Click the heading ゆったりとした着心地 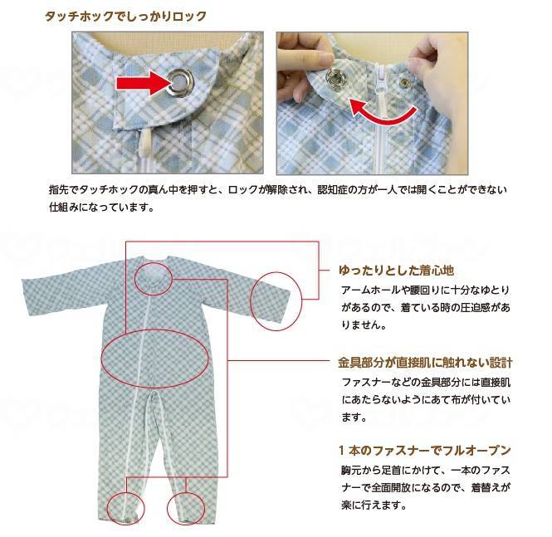click(396, 271)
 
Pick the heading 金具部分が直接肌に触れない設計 click(424, 363)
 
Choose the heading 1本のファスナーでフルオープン click(424, 451)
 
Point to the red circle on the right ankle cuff click(186, 505)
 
